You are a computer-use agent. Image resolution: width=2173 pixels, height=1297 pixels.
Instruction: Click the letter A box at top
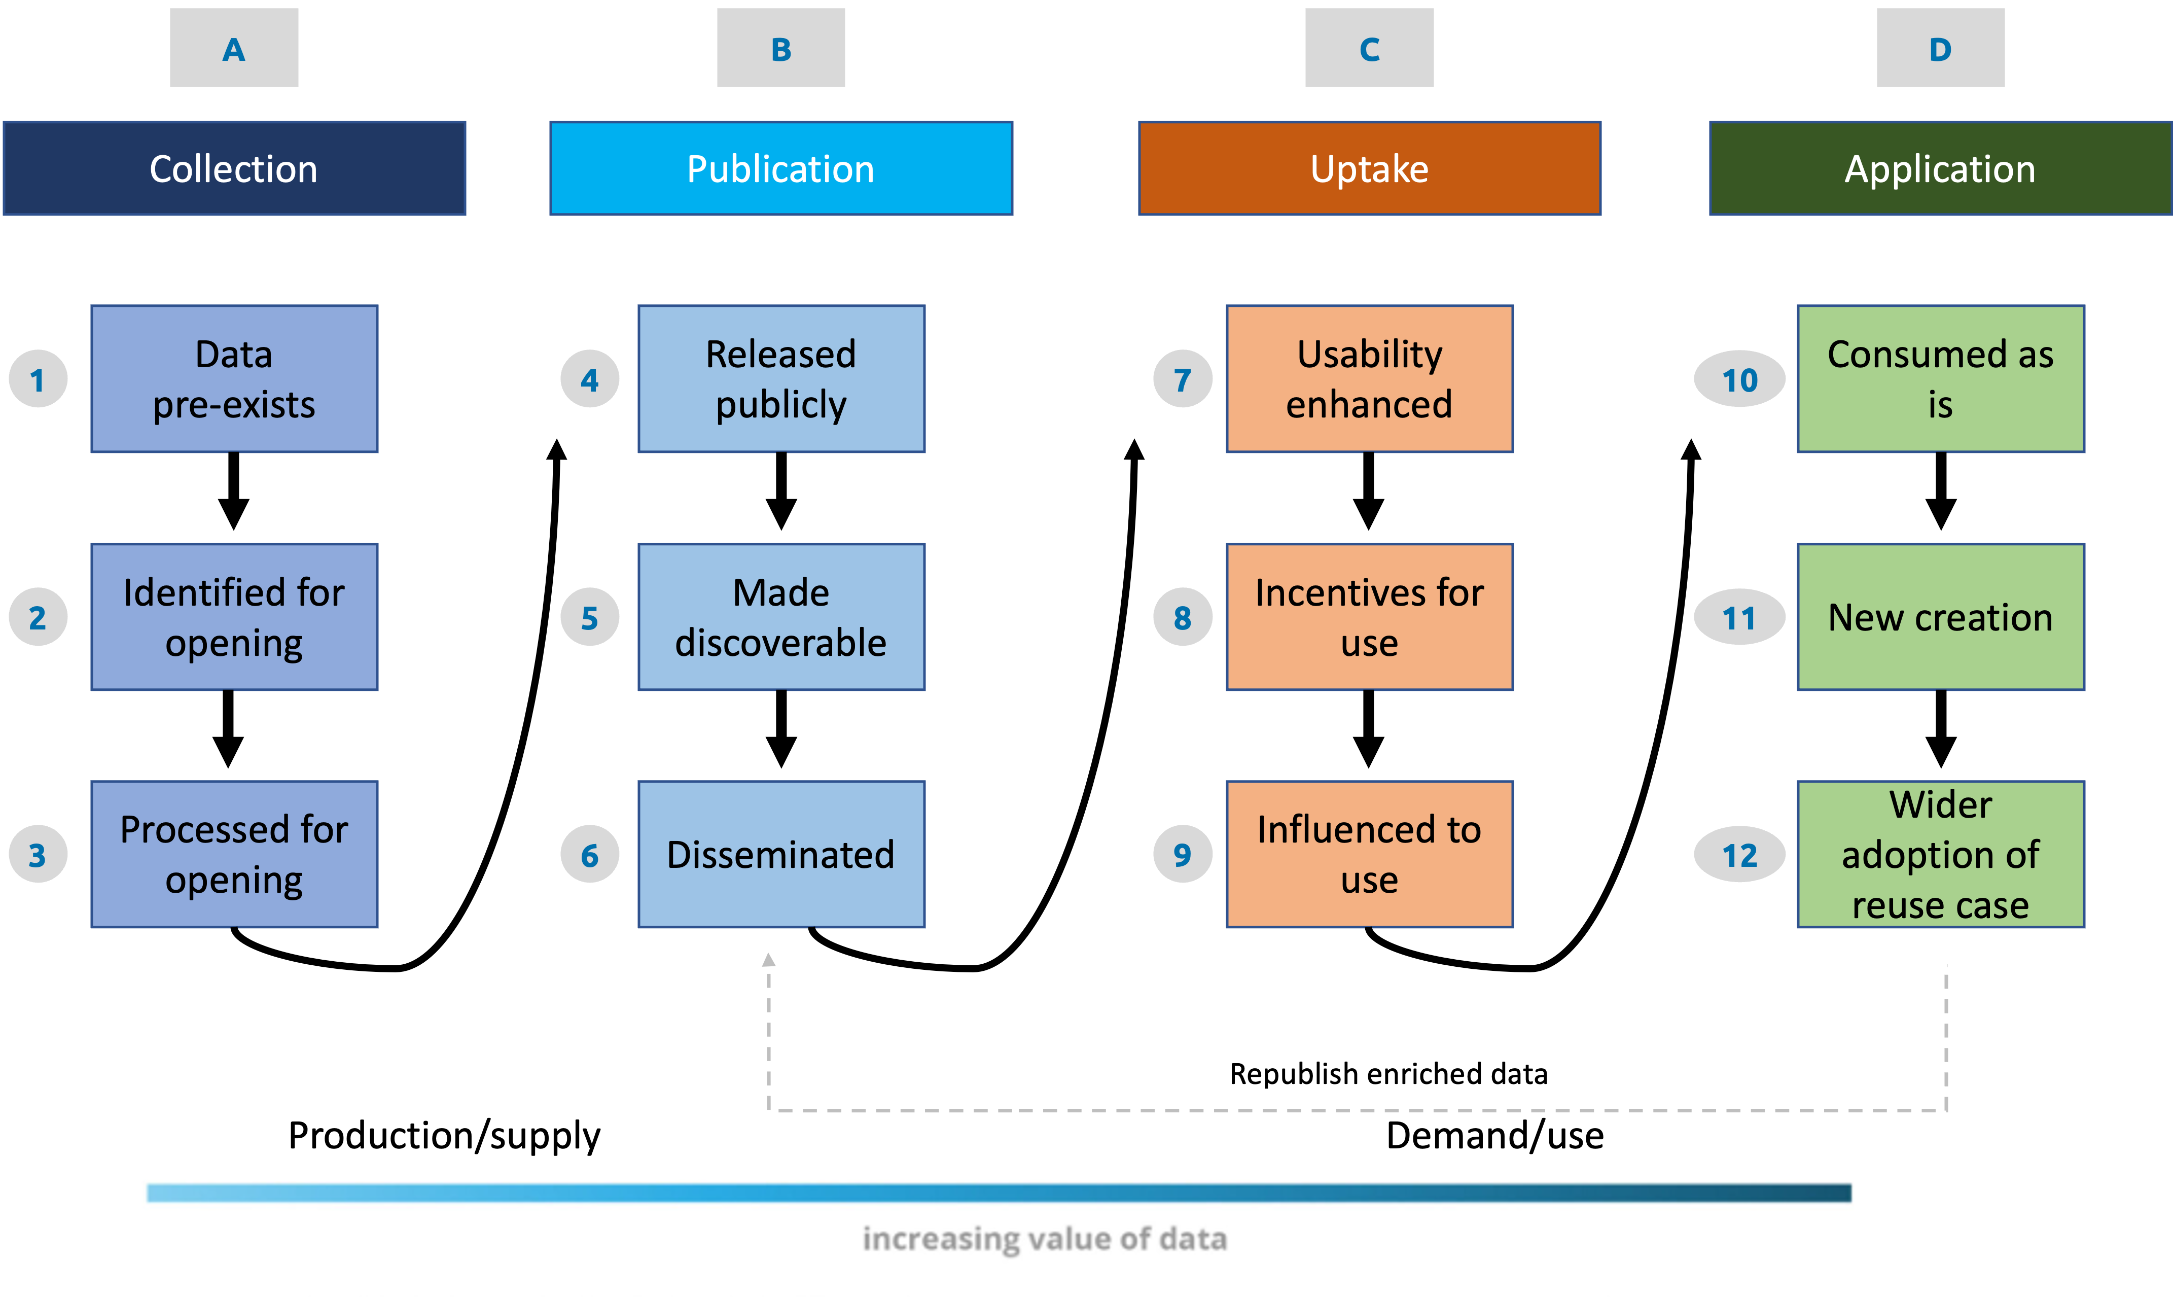233,48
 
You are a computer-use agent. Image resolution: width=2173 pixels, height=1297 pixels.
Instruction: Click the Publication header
780,169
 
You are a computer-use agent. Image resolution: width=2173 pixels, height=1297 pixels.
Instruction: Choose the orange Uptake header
1369,169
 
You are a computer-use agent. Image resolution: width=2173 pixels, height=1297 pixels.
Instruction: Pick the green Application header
1940,169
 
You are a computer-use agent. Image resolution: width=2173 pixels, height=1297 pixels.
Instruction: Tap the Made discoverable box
780,617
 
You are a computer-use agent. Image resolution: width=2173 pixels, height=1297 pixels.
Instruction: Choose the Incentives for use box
1369,617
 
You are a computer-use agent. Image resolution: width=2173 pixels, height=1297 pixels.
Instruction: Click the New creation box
1940,617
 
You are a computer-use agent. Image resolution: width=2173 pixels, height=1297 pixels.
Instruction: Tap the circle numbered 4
590,379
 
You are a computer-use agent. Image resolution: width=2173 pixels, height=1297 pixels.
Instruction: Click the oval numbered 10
1739,379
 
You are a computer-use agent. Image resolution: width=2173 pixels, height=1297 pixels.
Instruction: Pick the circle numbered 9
1182,855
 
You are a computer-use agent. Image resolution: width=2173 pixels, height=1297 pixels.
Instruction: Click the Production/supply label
444,1135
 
